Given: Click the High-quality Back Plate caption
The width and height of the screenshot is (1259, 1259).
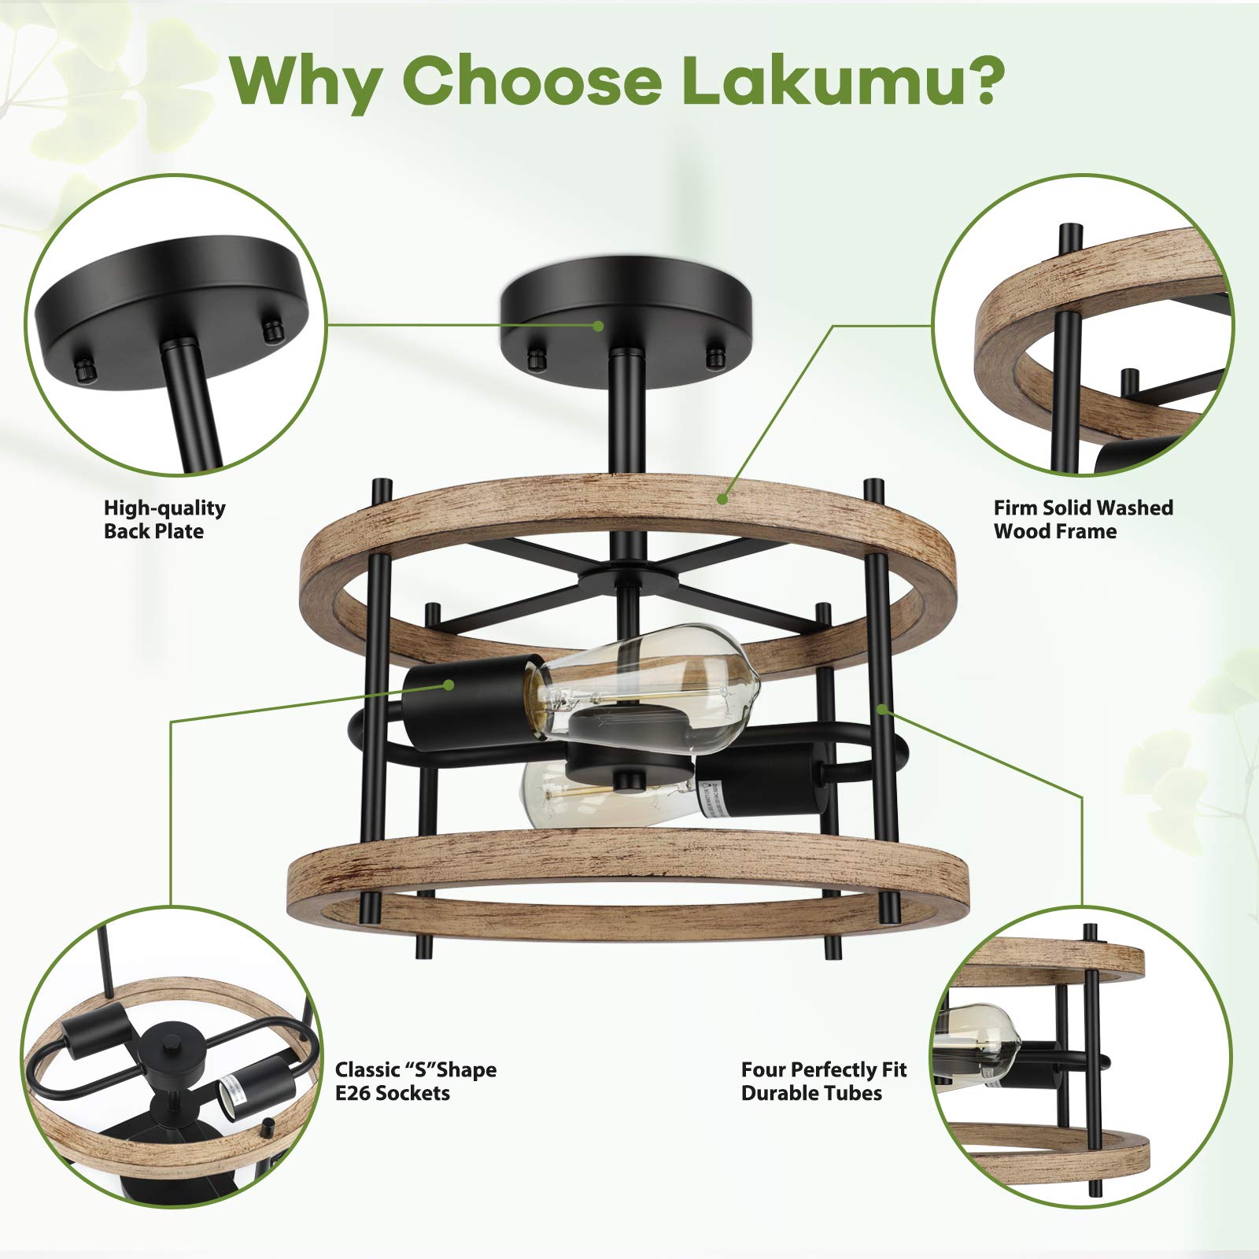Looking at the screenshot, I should tap(164, 519).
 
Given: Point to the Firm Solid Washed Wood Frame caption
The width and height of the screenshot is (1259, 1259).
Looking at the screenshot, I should tap(1083, 519).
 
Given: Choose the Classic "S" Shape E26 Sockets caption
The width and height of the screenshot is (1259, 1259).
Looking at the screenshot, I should tap(415, 1081).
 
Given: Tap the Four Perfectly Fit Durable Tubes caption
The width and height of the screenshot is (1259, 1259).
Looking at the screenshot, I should tap(823, 1081).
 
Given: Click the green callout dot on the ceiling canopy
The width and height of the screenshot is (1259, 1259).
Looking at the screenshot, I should tap(598, 325).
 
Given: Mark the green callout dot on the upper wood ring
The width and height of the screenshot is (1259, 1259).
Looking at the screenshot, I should tap(722, 497).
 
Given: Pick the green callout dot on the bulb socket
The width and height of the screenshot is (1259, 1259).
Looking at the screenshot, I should tap(449, 685).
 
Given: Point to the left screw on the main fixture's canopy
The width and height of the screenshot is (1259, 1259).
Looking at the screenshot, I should tap(537, 357).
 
